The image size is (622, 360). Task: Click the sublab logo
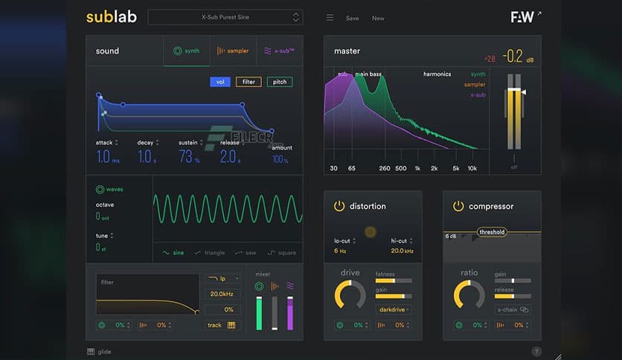(x=112, y=17)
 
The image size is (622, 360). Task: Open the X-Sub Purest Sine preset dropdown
(x=225, y=17)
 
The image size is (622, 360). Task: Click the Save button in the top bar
(x=352, y=18)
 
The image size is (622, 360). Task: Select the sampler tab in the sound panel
(x=233, y=51)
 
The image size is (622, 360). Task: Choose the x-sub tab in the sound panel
(x=279, y=51)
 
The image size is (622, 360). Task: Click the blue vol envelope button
(x=219, y=82)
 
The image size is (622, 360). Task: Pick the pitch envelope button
(x=280, y=82)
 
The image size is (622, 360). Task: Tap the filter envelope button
(x=249, y=82)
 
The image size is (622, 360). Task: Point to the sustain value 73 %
(x=190, y=158)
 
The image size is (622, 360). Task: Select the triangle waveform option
(x=209, y=253)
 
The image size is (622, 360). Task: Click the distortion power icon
(x=339, y=206)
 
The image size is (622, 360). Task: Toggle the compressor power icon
(x=458, y=206)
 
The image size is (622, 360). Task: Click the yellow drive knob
(x=350, y=294)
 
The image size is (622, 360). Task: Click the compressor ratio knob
(x=469, y=294)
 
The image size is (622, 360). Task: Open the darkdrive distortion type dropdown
(x=394, y=309)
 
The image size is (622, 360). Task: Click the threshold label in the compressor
(x=492, y=232)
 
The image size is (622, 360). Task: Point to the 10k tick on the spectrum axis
(x=472, y=169)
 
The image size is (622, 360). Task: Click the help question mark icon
(x=536, y=352)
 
